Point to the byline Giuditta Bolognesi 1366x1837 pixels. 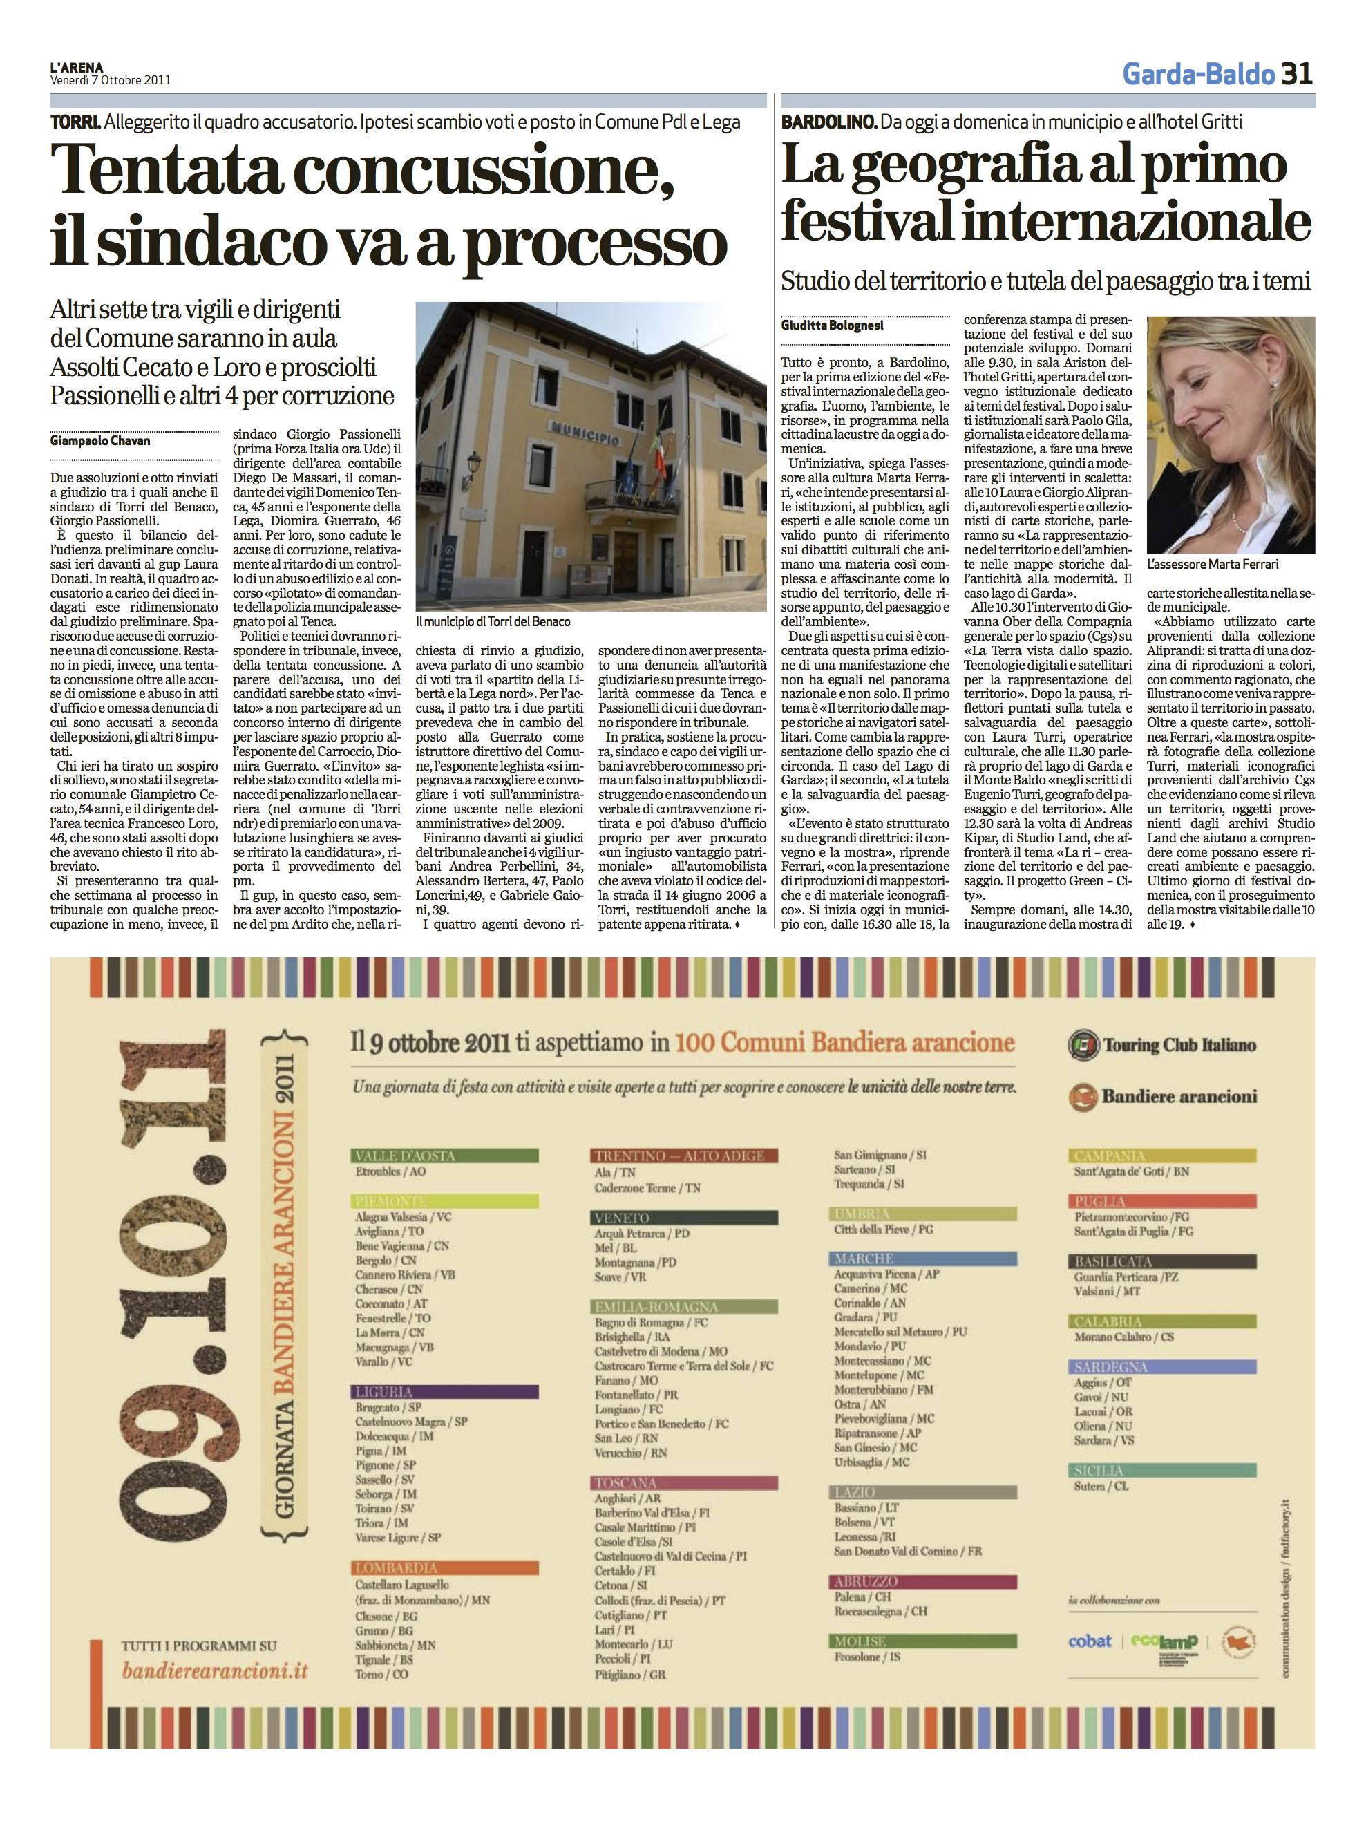click(x=832, y=325)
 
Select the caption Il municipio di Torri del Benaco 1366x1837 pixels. click(x=493, y=621)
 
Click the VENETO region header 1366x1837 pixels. click(x=622, y=1218)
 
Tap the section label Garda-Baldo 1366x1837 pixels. click(x=1198, y=75)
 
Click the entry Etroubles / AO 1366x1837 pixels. click(x=390, y=1172)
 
